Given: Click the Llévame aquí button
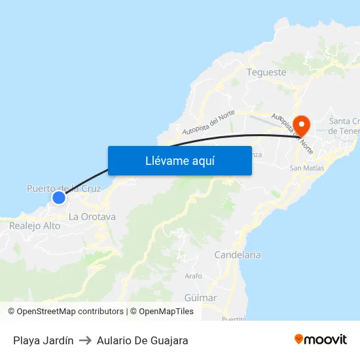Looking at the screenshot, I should click(x=179, y=160).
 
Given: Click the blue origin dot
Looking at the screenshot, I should click(x=59, y=197).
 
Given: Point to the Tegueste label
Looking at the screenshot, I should click(x=266, y=72).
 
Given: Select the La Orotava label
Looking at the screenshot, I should click(x=92, y=217).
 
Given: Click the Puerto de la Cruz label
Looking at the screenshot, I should click(x=63, y=189).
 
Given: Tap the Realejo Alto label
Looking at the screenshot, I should click(x=35, y=226).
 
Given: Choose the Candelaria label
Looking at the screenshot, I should click(x=238, y=255).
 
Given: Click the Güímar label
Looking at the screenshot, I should click(x=200, y=298).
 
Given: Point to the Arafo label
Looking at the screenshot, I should click(x=194, y=276).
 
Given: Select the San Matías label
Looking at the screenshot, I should click(x=306, y=168).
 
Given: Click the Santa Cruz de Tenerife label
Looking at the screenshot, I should click(x=344, y=126).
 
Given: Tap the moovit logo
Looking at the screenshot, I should click(x=321, y=340).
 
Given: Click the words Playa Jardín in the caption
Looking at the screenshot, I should click(x=43, y=340).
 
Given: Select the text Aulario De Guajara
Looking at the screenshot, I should click(x=142, y=340).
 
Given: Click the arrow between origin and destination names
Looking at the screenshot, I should click(x=85, y=340).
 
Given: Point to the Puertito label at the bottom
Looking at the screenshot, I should click(x=234, y=319).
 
